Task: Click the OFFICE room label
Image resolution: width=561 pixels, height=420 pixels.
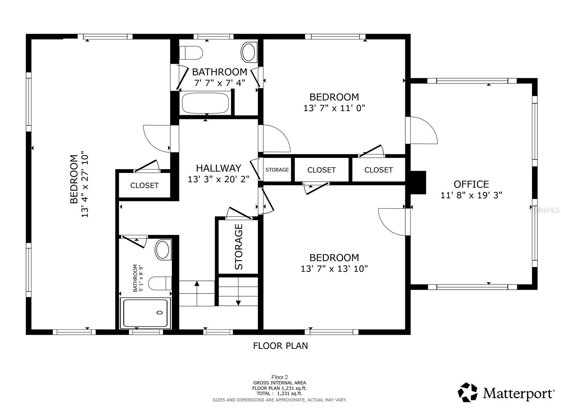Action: (x=471, y=184)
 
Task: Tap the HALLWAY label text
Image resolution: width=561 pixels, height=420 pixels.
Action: (x=218, y=168)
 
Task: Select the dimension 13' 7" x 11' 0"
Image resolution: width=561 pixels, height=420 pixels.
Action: (x=334, y=108)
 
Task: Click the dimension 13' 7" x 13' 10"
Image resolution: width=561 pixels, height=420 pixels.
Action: (x=334, y=269)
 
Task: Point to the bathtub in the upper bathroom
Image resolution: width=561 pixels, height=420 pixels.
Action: (x=205, y=103)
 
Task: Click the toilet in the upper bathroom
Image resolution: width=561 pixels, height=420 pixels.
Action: (x=191, y=53)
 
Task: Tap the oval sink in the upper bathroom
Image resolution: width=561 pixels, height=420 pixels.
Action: (x=249, y=52)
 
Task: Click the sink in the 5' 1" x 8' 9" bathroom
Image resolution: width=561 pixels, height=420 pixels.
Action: (x=163, y=250)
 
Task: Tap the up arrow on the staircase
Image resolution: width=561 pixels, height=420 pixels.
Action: (x=197, y=284)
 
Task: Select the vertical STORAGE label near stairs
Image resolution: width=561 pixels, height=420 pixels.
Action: (x=239, y=247)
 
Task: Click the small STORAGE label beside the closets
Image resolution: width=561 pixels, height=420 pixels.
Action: (x=277, y=170)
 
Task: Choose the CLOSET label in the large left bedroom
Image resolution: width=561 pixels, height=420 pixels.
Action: (x=144, y=185)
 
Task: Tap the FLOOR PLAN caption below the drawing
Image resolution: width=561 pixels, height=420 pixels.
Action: (x=280, y=346)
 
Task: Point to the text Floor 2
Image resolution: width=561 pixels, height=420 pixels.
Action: (x=279, y=377)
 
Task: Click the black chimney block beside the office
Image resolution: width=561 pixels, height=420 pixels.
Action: (x=418, y=182)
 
